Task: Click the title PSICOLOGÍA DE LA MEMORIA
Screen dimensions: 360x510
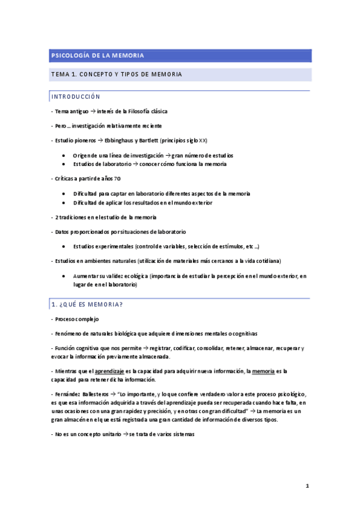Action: click(x=96, y=56)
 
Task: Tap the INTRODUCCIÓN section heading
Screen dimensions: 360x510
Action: click(x=76, y=97)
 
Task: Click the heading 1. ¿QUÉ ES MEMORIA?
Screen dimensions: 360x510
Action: click(x=87, y=304)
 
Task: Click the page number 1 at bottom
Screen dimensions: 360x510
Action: click(x=307, y=485)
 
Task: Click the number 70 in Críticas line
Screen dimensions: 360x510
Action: click(x=117, y=179)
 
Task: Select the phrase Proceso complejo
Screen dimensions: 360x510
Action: click(x=76, y=319)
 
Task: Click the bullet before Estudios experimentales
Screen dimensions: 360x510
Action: click(x=64, y=247)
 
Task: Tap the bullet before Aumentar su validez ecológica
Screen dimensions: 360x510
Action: click(x=64, y=276)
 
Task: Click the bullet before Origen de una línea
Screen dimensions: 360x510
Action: click(x=64, y=155)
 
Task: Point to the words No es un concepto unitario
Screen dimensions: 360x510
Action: click(x=87, y=434)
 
